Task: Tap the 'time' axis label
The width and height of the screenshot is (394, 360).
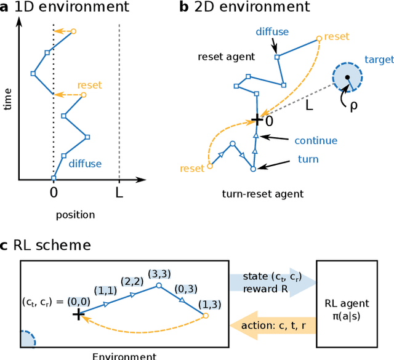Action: click(7, 98)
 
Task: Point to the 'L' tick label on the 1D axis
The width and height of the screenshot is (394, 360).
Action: click(119, 192)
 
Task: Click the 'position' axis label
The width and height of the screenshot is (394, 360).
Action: click(75, 215)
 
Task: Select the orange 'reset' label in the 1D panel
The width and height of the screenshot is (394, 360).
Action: click(89, 85)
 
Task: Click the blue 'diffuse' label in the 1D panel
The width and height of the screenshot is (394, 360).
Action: click(85, 164)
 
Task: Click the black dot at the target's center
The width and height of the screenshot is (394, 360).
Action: click(347, 78)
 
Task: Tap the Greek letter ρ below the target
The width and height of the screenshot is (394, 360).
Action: click(353, 105)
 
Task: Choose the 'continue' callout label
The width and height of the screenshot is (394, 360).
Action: click(316, 140)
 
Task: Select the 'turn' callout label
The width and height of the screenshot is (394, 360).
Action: click(308, 159)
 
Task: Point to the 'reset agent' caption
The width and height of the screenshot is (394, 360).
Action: click(226, 57)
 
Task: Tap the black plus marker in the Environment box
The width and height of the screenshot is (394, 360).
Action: click(78, 314)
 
